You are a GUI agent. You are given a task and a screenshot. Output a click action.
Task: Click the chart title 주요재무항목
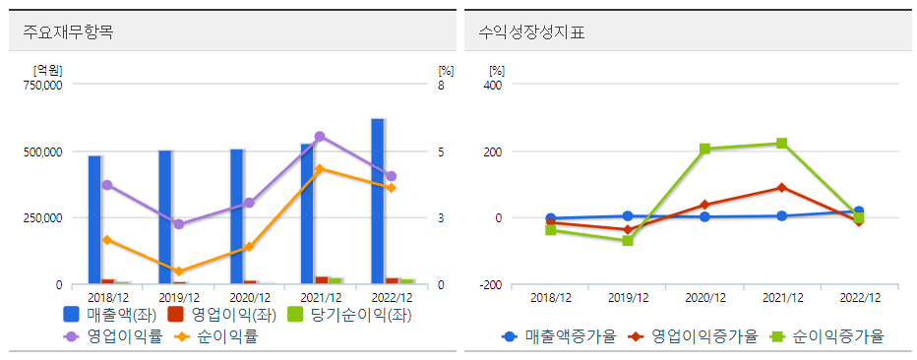(69, 31)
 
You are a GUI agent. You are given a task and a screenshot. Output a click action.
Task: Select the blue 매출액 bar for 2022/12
(378, 202)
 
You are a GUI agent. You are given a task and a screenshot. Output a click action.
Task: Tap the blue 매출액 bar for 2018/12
(94, 219)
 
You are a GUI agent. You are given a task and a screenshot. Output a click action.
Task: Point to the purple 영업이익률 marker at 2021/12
(320, 137)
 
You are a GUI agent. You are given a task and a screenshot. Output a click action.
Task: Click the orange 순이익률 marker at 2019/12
(178, 271)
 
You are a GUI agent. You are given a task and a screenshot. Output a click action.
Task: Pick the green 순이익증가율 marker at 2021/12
(781, 144)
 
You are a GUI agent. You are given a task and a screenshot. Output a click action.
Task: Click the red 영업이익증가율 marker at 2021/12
(781, 188)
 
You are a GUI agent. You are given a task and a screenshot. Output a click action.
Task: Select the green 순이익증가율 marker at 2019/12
(628, 240)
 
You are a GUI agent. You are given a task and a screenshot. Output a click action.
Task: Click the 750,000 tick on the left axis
(40, 86)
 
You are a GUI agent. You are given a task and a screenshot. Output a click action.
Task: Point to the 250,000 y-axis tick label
(40, 218)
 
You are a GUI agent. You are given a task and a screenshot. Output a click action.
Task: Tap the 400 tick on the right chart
(494, 86)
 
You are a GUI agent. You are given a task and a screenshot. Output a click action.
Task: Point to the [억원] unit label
(47, 70)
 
